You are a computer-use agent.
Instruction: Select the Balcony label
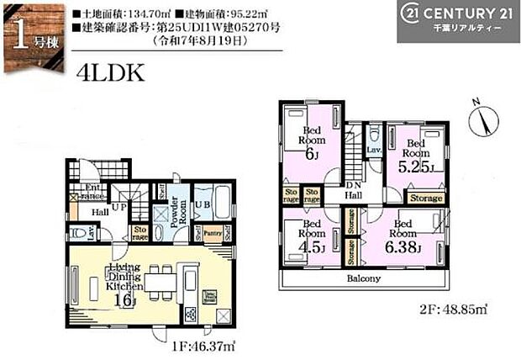pyautogui.click(x=361, y=278)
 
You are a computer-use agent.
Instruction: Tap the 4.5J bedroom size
pyautogui.click(x=313, y=247)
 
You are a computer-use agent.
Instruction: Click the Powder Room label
pyautogui.click(x=176, y=210)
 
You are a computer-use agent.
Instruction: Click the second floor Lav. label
pyautogui.click(x=373, y=150)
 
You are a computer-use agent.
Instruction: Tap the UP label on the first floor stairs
pyautogui.click(x=122, y=205)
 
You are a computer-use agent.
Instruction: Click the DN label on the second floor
pyautogui.click(x=355, y=185)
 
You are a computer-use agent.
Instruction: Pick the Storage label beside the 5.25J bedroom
pyautogui.click(x=426, y=198)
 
